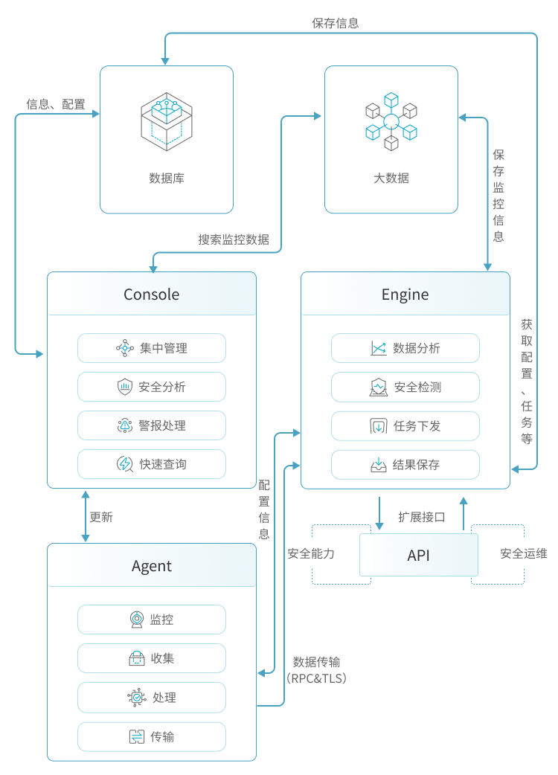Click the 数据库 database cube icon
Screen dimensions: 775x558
pyautogui.click(x=167, y=121)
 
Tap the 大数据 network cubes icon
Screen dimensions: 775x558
pyautogui.click(x=391, y=120)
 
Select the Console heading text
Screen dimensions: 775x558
pyautogui.click(x=152, y=295)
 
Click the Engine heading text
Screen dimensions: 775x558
pyautogui.click(x=405, y=295)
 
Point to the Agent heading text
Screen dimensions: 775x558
pyautogui.click(x=152, y=566)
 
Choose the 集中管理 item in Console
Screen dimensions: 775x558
pyautogui.click(x=152, y=348)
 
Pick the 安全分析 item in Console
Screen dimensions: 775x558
pyautogui.click(x=152, y=387)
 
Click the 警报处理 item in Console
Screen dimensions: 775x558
pyautogui.click(x=152, y=425)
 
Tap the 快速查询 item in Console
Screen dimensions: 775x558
pyautogui.click(x=152, y=464)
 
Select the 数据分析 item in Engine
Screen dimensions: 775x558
pyautogui.click(x=405, y=348)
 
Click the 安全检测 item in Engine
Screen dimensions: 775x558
pyautogui.click(x=405, y=387)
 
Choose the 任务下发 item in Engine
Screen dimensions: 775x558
pyautogui.click(x=405, y=426)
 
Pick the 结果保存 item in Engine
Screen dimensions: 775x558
pyautogui.click(x=405, y=465)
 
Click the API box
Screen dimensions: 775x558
pyautogui.click(x=419, y=555)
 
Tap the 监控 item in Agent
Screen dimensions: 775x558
pyautogui.click(x=152, y=620)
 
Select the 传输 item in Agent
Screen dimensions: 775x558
pyautogui.click(x=152, y=736)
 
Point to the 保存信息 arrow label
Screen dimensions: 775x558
pyautogui.click(x=335, y=23)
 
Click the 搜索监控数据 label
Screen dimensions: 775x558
pyautogui.click(x=234, y=239)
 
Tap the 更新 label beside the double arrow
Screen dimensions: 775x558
pyautogui.click(x=101, y=517)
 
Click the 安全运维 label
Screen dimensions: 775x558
pyautogui.click(x=523, y=553)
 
